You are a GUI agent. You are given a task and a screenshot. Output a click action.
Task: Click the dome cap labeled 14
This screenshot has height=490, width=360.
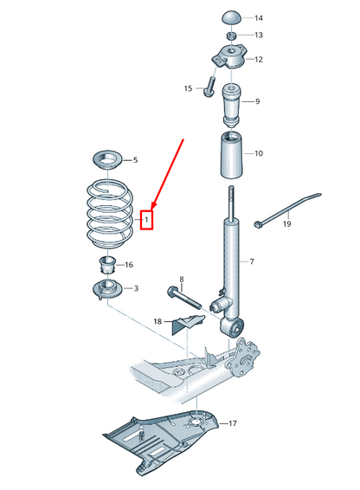(x=232, y=17)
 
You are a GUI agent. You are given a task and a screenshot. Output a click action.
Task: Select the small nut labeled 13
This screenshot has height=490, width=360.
(x=231, y=35)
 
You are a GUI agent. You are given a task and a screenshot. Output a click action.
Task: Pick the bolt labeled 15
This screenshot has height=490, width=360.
(x=209, y=87)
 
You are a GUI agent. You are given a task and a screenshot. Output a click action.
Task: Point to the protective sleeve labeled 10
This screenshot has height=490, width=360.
(x=233, y=155)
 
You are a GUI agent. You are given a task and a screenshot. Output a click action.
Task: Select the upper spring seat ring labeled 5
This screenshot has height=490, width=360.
(x=108, y=160)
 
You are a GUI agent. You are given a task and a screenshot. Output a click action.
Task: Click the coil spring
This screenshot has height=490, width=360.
(x=109, y=213)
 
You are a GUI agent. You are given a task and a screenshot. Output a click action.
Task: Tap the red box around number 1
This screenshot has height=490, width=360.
(x=146, y=220)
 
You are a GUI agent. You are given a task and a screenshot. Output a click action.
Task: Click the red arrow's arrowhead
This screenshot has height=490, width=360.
(x=154, y=206)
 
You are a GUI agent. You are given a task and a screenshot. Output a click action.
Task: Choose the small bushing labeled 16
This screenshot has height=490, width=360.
(x=107, y=264)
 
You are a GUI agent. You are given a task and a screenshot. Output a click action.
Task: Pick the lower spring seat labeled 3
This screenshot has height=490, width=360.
(x=108, y=290)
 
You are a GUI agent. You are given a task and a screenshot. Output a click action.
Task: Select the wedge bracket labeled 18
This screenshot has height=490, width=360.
(x=188, y=324)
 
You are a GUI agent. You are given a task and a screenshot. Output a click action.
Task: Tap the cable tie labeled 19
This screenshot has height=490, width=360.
(x=287, y=210)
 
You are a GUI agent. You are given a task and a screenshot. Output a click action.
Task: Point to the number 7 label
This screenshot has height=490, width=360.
(x=252, y=261)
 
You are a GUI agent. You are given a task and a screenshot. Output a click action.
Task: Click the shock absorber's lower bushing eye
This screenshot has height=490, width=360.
(x=233, y=326)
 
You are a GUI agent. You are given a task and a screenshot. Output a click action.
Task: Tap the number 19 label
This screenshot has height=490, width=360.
(x=287, y=223)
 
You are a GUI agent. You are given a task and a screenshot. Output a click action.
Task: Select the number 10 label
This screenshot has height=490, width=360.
(x=259, y=153)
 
